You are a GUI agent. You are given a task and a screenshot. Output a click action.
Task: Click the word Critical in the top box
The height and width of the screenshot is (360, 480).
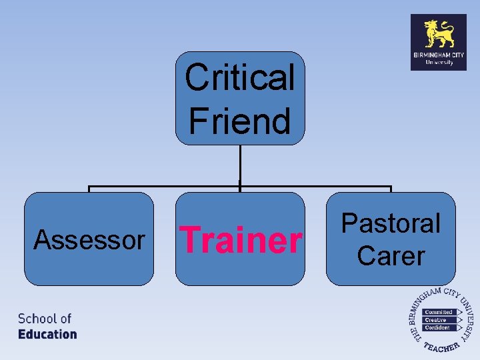click(x=239, y=77)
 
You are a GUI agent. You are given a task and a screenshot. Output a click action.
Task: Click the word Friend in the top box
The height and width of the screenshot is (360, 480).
click(x=239, y=121)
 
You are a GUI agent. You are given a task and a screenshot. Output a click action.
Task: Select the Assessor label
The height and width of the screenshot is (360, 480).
click(x=89, y=239)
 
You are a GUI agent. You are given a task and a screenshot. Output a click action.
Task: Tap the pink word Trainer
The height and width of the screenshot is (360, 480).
click(x=241, y=240)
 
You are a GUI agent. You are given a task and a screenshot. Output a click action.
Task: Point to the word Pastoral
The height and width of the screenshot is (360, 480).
click(x=391, y=223)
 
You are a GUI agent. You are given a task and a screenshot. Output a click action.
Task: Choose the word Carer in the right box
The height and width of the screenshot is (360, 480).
click(x=391, y=255)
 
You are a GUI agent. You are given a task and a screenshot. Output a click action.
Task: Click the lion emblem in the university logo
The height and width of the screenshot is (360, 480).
click(x=439, y=33)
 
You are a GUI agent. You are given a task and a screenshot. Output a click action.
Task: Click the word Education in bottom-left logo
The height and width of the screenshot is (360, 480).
click(x=47, y=334)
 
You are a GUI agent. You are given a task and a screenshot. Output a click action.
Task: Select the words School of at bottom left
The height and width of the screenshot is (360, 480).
click(x=45, y=319)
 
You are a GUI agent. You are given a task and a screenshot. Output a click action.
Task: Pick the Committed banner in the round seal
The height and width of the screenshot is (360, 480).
click(x=439, y=312)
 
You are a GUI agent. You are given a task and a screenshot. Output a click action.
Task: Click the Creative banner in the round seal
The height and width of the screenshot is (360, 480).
click(x=437, y=320)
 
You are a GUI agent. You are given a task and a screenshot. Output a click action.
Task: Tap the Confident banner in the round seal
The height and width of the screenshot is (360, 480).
click(x=438, y=328)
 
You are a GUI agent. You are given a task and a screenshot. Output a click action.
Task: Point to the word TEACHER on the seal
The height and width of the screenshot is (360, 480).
click(x=441, y=347)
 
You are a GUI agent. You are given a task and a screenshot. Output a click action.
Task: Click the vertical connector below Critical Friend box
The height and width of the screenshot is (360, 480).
click(x=239, y=165)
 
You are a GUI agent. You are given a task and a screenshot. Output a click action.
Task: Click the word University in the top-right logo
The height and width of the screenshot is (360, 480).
click(x=439, y=63)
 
